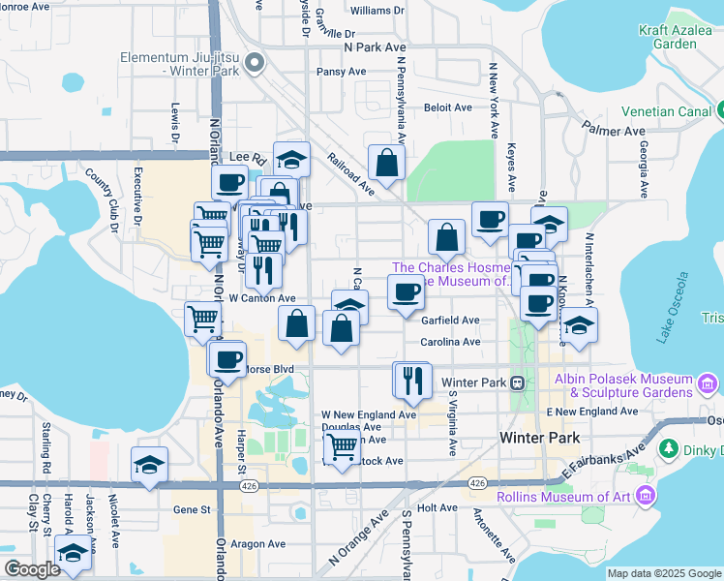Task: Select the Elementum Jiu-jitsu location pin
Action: tap(255, 64)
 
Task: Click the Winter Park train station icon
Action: tap(518, 382)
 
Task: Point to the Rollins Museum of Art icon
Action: tap(646, 497)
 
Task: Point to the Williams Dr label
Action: tap(377, 11)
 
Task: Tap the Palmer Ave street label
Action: tap(613, 129)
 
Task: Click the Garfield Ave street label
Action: tap(450, 321)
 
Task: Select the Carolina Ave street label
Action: tap(450, 342)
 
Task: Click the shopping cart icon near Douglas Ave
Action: tap(342, 447)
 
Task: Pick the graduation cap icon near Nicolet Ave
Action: tap(150, 465)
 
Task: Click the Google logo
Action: tap(31, 569)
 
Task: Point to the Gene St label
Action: tap(191, 509)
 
